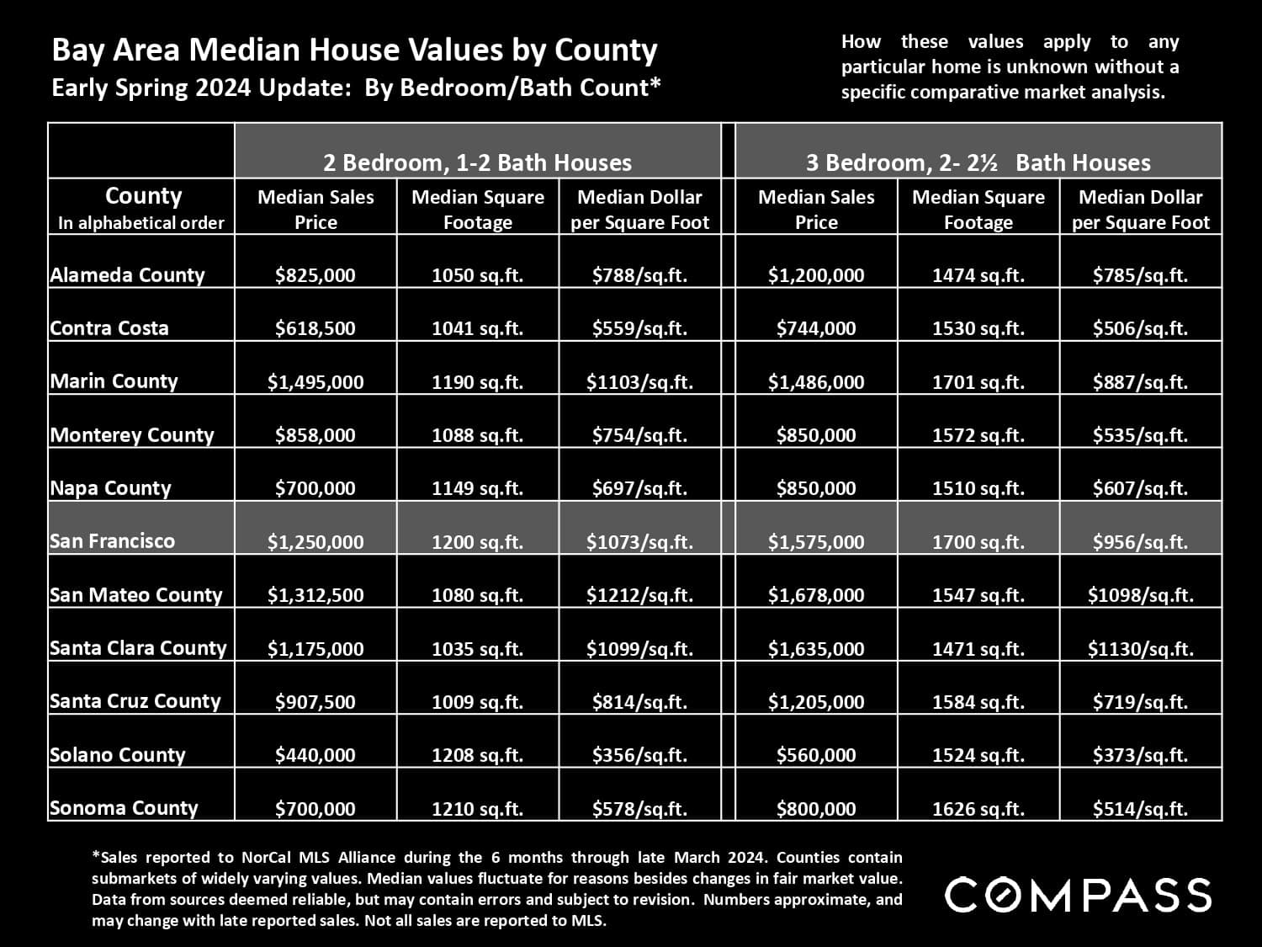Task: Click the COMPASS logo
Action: [x=1078, y=894]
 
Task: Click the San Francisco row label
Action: [x=112, y=541]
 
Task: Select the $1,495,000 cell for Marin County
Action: [x=315, y=382]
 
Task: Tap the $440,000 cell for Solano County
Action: [x=315, y=755]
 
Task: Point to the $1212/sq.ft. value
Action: [x=639, y=595]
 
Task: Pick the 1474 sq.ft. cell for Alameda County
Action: [x=978, y=275]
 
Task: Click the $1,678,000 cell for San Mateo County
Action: [x=815, y=595]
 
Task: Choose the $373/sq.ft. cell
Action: [x=1140, y=755]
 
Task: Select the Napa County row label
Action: [x=110, y=488]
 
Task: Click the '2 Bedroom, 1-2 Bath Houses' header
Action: [x=477, y=162]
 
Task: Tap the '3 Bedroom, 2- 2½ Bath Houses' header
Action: [x=978, y=162]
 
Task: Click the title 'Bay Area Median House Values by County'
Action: [x=354, y=51]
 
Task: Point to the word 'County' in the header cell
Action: [x=143, y=196]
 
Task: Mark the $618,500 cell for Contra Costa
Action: [x=315, y=328]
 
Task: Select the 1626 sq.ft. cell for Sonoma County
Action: [x=978, y=809]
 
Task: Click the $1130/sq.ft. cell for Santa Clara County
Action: [x=1140, y=649]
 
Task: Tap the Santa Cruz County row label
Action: [x=135, y=701]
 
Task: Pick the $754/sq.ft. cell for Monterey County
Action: [x=639, y=435]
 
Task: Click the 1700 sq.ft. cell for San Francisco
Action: [x=978, y=542]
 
